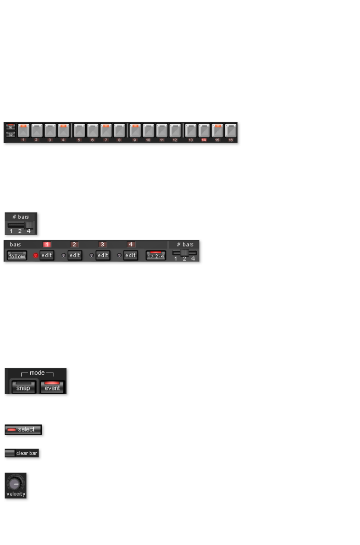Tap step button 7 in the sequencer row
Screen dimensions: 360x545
pyautogui.click(x=106, y=131)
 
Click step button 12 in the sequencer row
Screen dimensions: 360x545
pyautogui.click(x=175, y=131)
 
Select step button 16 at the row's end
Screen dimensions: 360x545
pyautogui.click(x=231, y=131)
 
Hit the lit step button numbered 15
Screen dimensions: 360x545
pyautogui.click(x=217, y=131)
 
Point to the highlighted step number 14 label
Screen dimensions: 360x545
pyautogui.click(x=204, y=140)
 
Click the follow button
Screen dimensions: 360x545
pyautogui.click(x=17, y=256)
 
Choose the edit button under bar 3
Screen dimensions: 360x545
pyautogui.click(x=103, y=255)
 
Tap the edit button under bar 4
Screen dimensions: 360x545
pyautogui.click(x=130, y=255)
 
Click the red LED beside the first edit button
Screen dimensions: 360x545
pyautogui.click(x=36, y=255)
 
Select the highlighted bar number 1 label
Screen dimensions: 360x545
pyautogui.click(x=47, y=245)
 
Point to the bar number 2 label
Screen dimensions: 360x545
pyautogui.click(x=74, y=245)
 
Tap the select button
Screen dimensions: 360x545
pyautogui.click(x=23, y=429)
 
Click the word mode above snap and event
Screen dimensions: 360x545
pyautogui.click(x=37, y=373)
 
